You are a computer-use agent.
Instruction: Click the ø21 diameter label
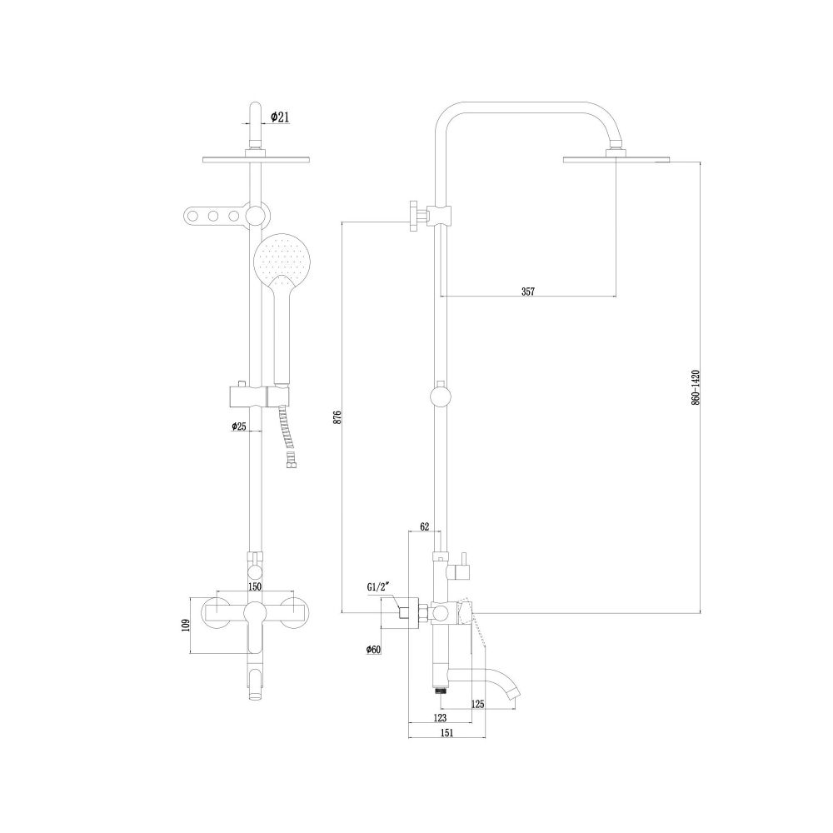280,118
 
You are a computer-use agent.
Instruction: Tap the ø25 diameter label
238,426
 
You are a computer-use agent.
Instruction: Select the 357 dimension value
527,291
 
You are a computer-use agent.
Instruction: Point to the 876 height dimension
337,417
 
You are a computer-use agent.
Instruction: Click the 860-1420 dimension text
696,387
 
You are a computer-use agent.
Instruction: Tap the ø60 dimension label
373,650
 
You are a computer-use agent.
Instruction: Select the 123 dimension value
441,717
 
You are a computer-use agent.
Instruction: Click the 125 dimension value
476,705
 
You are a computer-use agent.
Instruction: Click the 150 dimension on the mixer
255,586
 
